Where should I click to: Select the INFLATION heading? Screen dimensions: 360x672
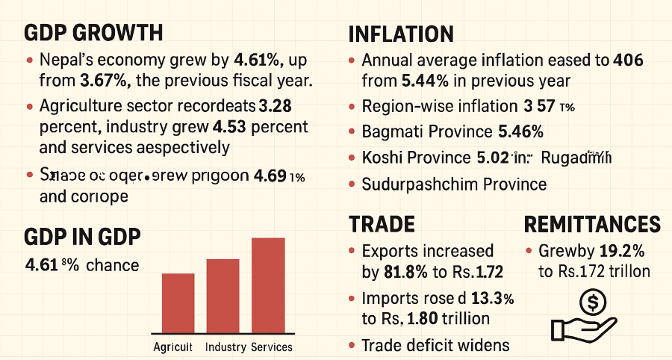pos(401,34)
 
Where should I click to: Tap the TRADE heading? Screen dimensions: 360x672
pos(382,224)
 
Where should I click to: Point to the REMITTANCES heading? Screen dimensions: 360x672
pos(592,225)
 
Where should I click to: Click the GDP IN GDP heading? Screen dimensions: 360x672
pos(83,238)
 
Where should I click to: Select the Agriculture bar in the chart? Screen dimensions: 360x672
pos(178,302)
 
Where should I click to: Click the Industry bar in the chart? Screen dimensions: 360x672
pos(223,296)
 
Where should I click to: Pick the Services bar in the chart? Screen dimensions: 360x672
pos(268,285)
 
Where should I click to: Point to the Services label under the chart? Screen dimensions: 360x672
pos(272,347)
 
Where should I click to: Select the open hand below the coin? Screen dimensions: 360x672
pos(582,326)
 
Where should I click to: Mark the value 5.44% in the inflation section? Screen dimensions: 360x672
pos(403,81)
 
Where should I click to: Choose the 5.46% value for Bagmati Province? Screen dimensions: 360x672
pos(520,133)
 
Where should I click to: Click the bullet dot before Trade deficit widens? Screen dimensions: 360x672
pos(352,345)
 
